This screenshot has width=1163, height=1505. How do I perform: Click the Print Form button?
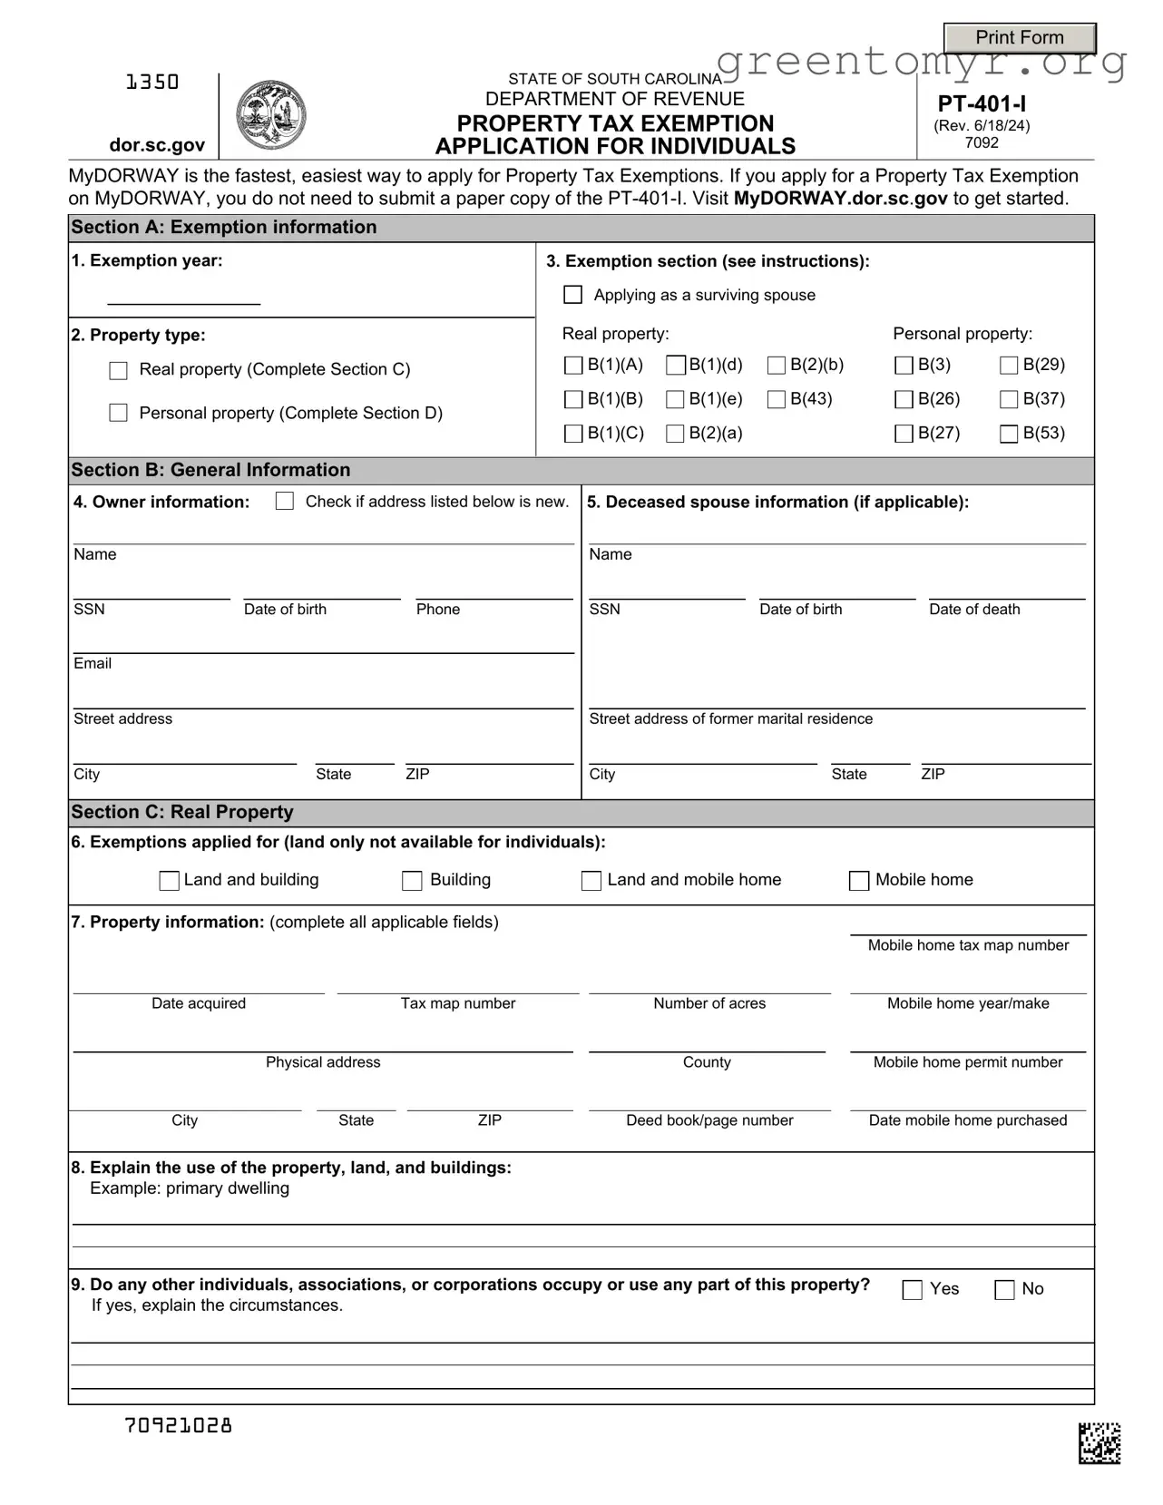point(1020,38)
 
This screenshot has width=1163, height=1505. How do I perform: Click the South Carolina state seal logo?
point(270,115)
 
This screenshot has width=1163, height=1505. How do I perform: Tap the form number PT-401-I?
point(982,103)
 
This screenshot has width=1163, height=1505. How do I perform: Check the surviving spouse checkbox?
point(573,295)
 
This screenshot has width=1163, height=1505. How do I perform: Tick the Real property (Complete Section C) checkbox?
point(118,370)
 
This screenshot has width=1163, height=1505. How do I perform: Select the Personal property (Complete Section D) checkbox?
point(118,414)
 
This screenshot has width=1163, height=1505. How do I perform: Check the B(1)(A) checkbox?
point(573,366)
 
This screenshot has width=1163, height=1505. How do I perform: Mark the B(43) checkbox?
point(777,399)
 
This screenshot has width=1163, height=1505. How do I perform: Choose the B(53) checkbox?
point(1009,434)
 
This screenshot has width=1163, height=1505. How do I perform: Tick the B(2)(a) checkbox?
point(675,434)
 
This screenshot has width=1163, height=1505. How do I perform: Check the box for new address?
point(285,502)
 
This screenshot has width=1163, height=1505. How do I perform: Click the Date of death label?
point(974,610)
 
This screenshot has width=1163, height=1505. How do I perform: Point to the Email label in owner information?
point(93,664)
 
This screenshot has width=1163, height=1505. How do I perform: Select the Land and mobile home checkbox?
point(591,881)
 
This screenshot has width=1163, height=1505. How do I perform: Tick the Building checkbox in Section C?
point(412,881)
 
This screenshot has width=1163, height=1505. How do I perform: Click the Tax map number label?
point(458,1003)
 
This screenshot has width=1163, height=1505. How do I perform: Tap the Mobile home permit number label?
point(968,1062)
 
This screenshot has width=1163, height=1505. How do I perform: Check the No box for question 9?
point(1005,1290)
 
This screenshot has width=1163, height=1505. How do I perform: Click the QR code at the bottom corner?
point(1099,1443)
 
